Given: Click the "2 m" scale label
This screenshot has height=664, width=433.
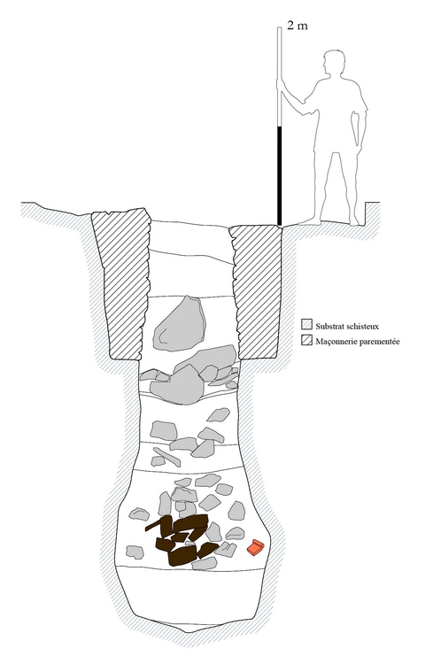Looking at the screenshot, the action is click(x=298, y=26).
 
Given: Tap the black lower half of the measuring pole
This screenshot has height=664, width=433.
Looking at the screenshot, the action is click(x=279, y=176).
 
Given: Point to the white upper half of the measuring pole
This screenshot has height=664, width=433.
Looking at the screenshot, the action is click(x=279, y=77).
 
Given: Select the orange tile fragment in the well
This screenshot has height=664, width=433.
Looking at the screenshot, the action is click(x=255, y=547).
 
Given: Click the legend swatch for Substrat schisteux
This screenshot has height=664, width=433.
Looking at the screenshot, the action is click(x=306, y=325).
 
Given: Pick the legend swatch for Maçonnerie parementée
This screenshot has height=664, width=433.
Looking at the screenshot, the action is click(x=306, y=340).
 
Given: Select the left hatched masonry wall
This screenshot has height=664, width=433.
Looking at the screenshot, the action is click(x=122, y=283).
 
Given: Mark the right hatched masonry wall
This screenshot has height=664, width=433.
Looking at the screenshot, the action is click(x=257, y=292).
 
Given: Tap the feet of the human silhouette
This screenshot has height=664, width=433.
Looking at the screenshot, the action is click(x=330, y=222).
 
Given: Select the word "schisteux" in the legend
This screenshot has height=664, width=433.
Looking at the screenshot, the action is click(x=363, y=326).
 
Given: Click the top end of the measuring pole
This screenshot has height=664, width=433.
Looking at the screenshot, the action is click(x=279, y=28).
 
